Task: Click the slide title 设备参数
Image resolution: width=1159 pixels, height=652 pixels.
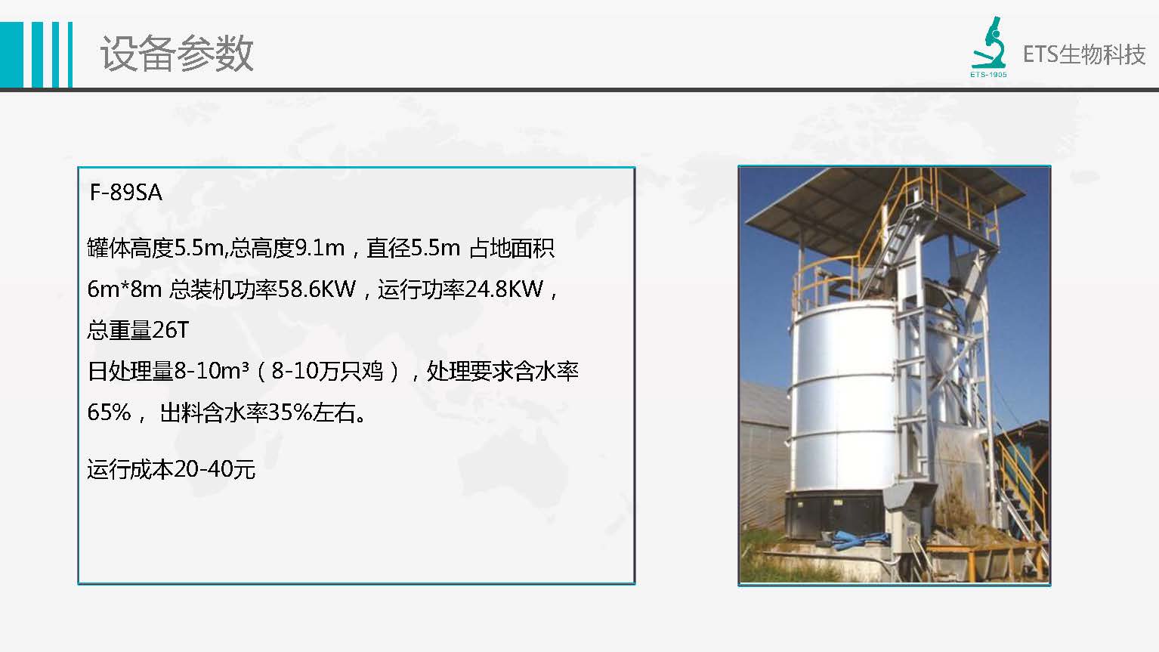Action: tap(177, 54)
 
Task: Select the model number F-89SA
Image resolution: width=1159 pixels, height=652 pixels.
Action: tap(125, 193)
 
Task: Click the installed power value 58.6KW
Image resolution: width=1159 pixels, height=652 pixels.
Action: tap(317, 289)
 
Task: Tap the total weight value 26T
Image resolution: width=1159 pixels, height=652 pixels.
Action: tap(171, 329)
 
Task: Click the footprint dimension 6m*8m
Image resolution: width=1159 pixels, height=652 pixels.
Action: tap(124, 289)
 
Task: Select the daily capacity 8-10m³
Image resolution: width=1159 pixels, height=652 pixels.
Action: tap(212, 371)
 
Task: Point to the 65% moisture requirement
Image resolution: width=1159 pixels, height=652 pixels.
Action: tap(109, 413)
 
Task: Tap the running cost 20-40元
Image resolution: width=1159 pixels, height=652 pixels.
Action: tap(215, 469)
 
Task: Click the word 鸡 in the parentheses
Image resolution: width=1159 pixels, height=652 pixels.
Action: tap(372, 371)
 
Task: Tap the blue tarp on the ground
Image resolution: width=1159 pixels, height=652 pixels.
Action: tap(854, 539)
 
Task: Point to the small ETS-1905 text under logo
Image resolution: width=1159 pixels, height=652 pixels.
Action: tap(988, 75)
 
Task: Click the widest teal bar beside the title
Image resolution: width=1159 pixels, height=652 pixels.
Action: tap(11, 55)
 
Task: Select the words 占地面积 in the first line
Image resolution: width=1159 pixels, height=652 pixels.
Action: tap(512, 248)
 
